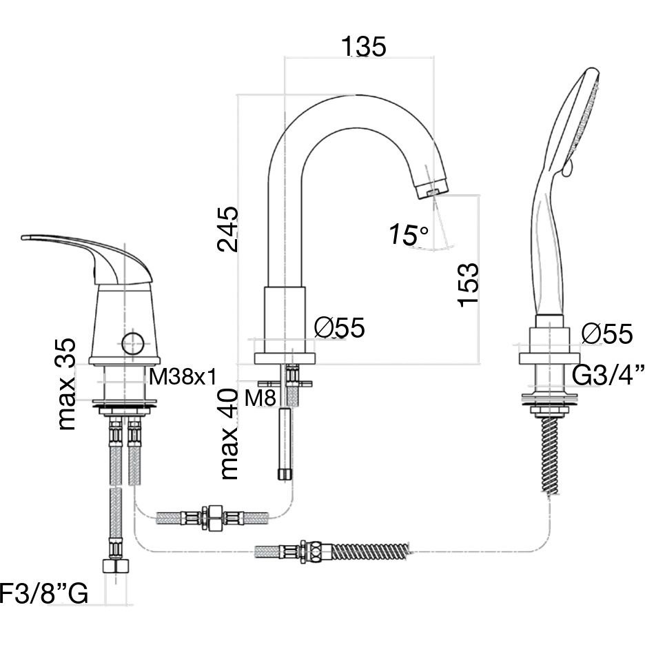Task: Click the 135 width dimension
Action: (x=363, y=46)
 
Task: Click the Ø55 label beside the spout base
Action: (x=339, y=328)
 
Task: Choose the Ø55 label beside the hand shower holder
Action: (x=606, y=334)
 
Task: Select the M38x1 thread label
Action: (x=183, y=376)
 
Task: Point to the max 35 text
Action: (x=67, y=383)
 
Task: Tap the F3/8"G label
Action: (x=43, y=593)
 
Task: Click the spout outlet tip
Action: (x=432, y=189)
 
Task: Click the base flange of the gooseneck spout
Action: (x=286, y=358)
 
